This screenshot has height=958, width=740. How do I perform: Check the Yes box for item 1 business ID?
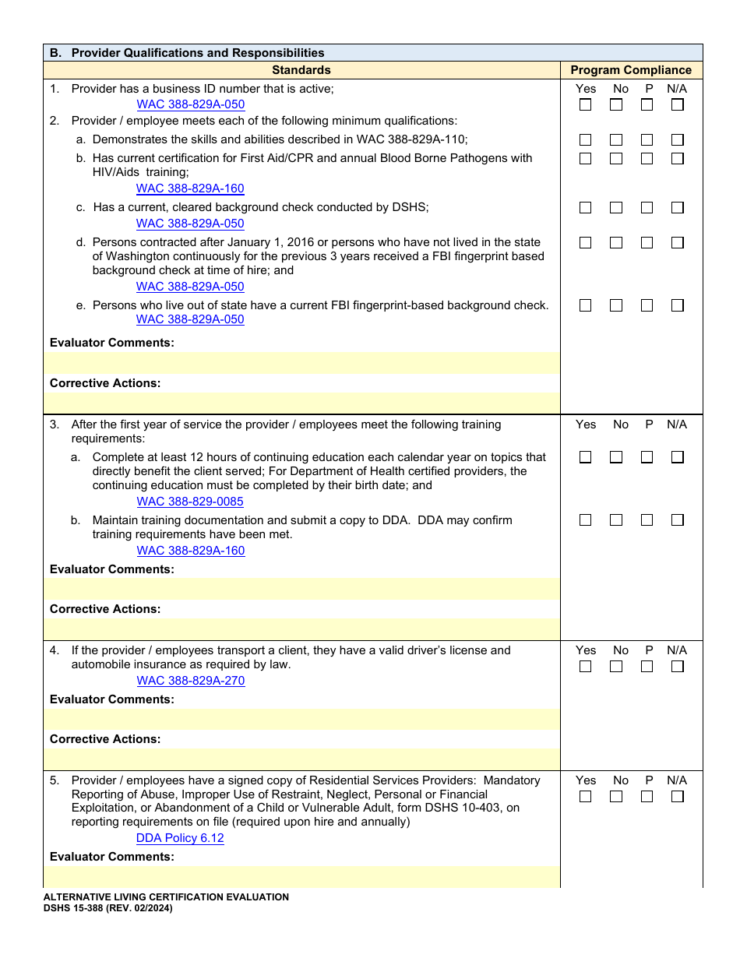click(x=585, y=104)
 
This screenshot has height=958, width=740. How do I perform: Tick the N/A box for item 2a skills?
click(x=678, y=140)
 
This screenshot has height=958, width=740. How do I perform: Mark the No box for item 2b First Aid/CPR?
click(x=616, y=158)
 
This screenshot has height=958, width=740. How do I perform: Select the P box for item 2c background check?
click(x=647, y=208)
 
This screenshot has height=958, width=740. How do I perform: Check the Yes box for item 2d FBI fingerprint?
click(x=585, y=243)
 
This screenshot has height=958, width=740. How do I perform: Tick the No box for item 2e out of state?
click(x=616, y=305)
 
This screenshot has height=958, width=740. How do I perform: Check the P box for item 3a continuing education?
click(x=647, y=457)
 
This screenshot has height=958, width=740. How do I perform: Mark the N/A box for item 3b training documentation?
click(x=678, y=520)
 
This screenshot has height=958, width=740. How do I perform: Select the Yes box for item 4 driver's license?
click(x=585, y=667)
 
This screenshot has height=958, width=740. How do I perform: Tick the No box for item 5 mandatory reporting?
click(x=616, y=797)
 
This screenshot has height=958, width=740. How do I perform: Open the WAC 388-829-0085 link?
click(x=190, y=502)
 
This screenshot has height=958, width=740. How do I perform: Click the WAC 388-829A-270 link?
click(x=191, y=681)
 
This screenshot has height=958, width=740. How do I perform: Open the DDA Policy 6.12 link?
click(x=180, y=838)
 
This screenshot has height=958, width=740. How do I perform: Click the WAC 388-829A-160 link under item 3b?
click(x=191, y=551)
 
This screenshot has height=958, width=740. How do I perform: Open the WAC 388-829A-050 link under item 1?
click(x=191, y=104)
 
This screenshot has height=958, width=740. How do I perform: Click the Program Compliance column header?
click(x=631, y=70)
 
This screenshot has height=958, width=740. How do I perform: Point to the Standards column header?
click(x=301, y=70)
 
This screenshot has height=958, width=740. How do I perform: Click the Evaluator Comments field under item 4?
click(x=301, y=719)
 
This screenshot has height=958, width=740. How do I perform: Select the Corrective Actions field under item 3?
click(x=301, y=629)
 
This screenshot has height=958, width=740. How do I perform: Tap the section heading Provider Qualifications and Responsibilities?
click(x=198, y=53)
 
